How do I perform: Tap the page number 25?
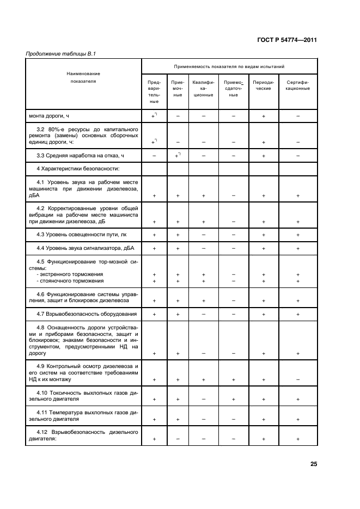click(314, 464)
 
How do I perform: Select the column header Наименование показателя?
click(83, 77)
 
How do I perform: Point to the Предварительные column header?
click(154, 91)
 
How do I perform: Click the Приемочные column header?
click(178, 88)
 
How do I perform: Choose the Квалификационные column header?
click(203, 88)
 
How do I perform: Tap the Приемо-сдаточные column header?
click(233, 88)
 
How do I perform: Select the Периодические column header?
click(263, 85)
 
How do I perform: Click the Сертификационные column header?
click(298, 85)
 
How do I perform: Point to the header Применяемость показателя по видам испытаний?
click(229, 66)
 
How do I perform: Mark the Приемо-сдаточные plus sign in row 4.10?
click(233, 400)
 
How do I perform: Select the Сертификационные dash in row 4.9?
click(298, 379)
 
